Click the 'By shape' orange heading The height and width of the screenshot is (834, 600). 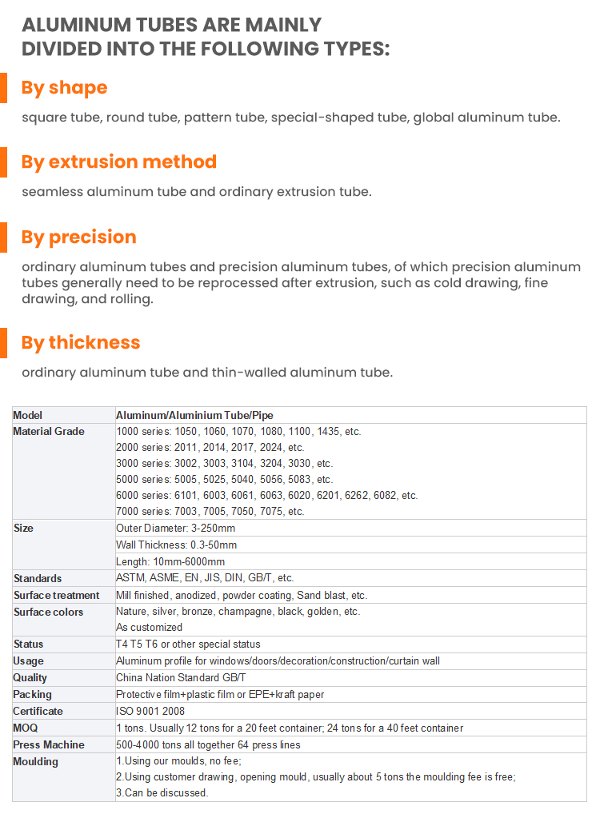pyautogui.click(x=64, y=87)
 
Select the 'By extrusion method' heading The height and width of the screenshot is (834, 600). pyautogui.click(x=118, y=162)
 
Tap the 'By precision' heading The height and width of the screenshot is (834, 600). pyautogui.click(x=78, y=237)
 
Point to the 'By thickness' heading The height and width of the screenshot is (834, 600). pyautogui.click(x=80, y=342)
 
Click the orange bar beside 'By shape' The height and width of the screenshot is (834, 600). pyautogui.click(x=3, y=87)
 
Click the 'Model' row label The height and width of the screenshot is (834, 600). pyautogui.click(x=28, y=415)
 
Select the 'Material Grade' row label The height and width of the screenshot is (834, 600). pyautogui.click(x=49, y=432)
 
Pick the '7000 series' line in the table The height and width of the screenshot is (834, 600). pyautogui.click(x=210, y=511)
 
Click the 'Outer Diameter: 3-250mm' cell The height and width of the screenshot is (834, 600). pyautogui.click(x=175, y=528)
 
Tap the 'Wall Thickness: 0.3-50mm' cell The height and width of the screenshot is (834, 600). pyautogui.click(x=176, y=545)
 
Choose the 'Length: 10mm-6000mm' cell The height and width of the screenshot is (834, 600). pyautogui.click(x=170, y=561)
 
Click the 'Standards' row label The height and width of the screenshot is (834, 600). pyautogui.click(x=38, y=578)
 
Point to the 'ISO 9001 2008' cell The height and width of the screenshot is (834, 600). pyautogui.click(x=151, y=711)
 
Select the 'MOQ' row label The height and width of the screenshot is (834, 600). pyautogui.click(x=26, y=728)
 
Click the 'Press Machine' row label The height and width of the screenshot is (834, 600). pyautogui.click(x=49, y=744)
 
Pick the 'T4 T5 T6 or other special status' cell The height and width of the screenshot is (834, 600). pyautogui.click(x=188, y=644)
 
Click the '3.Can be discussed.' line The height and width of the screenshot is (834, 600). pyautogui.click(x=162, y=792)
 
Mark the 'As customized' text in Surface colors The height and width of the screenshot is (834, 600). pyautogui.click(x=149, y=627)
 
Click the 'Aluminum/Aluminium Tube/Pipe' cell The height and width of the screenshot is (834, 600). pyautogui.click(x=194, y=415)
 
